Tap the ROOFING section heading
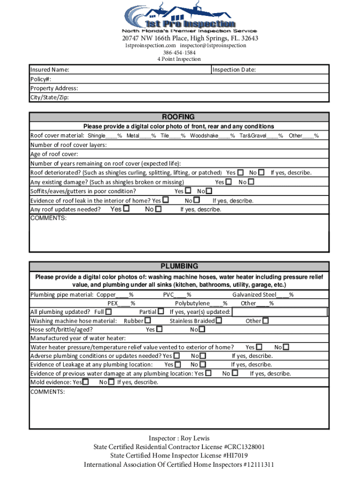(x=178, y=117)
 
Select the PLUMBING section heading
(x=179, y=266)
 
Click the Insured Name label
(x=50, y=70)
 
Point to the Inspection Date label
(x=234, y=70)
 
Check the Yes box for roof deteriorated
(x=240, y=173)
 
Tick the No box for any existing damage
(x=251, y=181)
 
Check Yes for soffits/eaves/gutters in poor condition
(x=188, y=191)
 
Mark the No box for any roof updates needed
(x=158, y=209)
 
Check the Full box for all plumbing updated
(x=108, y=312)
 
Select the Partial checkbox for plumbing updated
(x=161, y=312)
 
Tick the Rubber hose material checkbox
(x=148, y=321)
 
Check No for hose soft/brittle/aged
(x=202, y=330)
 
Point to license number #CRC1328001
(x=242, y=447)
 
